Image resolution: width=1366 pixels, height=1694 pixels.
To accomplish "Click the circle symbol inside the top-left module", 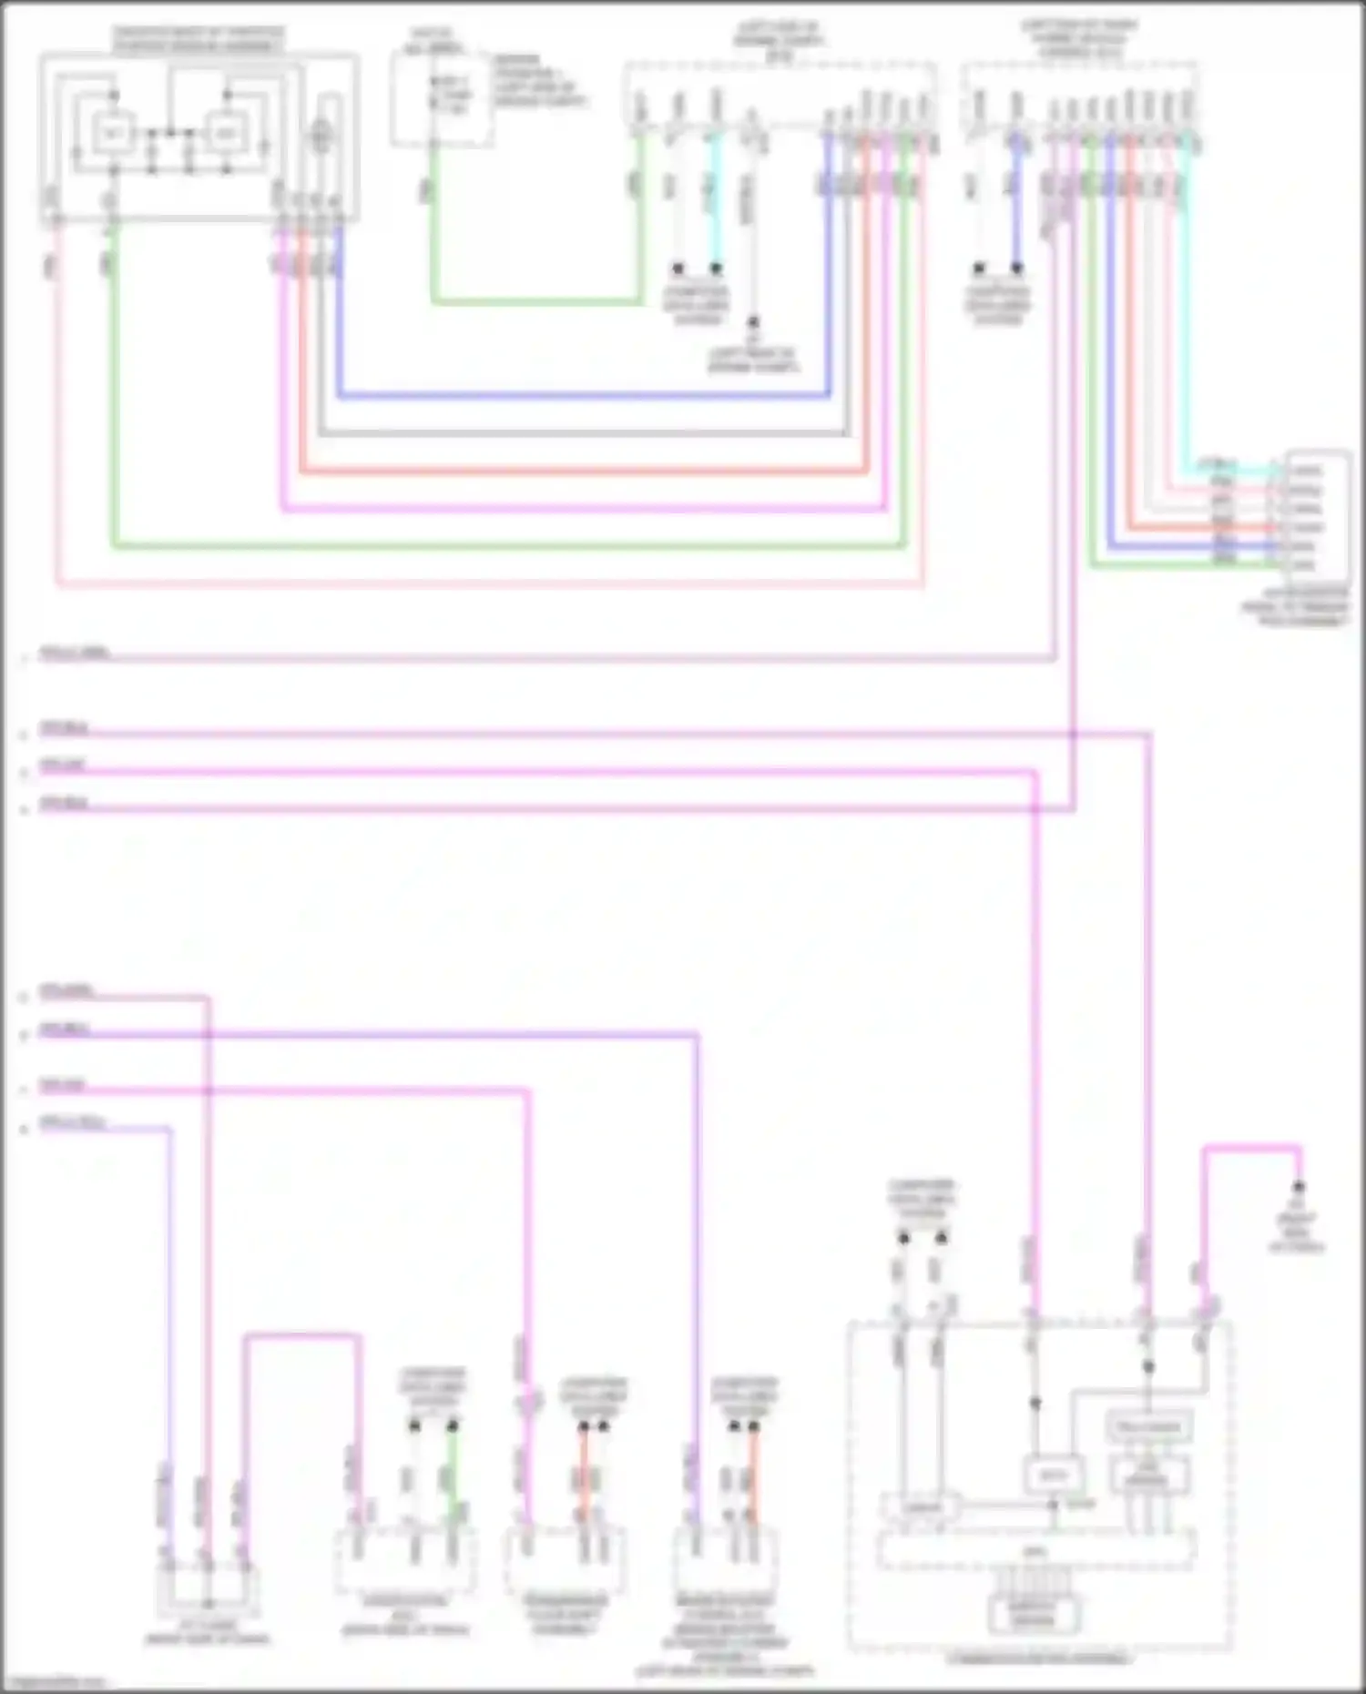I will [320, 137].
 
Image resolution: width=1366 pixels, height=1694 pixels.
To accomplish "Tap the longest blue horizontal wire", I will [583, 396].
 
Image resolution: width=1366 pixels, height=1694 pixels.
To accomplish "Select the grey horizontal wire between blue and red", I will [583, 434].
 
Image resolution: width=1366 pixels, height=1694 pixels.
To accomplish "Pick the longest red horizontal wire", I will [583, 472].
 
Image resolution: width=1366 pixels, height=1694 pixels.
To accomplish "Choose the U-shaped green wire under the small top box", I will [537, 300].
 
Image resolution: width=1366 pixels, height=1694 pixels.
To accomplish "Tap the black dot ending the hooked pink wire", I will [1299, 1187].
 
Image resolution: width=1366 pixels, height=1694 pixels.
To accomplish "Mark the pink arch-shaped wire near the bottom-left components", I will [301, 1336].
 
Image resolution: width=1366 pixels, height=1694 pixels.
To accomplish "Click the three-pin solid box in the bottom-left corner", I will [208, 1588].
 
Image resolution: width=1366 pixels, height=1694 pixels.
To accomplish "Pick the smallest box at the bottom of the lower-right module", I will [1034, 1615].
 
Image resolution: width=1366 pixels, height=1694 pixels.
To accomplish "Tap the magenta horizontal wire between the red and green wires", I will [583, 510].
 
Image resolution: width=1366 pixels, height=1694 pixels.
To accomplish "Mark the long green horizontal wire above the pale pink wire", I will [510, 547].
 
